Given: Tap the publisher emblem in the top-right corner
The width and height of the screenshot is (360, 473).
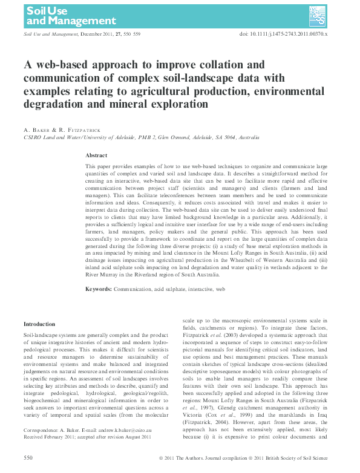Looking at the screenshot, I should (x=318, y=14).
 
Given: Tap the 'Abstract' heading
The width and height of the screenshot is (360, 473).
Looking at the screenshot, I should (x=96, y=155).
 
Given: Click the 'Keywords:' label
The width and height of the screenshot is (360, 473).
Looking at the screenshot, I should (x=99, y=290).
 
